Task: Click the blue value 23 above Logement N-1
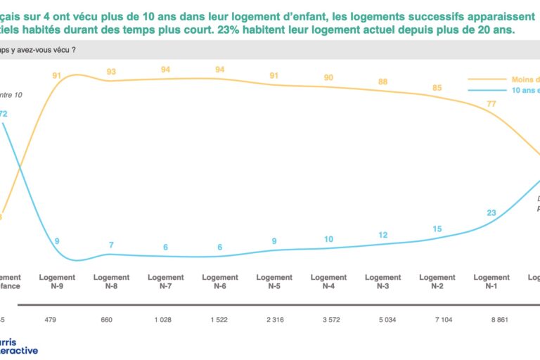click(x=491, y=212)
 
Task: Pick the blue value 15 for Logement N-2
click(x=437, y=229)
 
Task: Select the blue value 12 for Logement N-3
click(x=382, y=235)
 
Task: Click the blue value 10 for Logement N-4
click(x=328, y=239)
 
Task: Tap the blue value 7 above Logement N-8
click(x=111, y=245)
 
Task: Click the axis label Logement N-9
click(x=57, y=281)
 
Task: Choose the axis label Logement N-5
click(x=274, y=281)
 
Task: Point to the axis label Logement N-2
click(x=437, y=281)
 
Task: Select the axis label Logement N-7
click(x=165, y=281)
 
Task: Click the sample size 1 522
click(x=219, y=321)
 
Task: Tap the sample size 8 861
click(x=491, y=321)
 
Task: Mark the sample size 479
click(x=57, y=321)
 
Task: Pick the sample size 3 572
click(x=328, y=321)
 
